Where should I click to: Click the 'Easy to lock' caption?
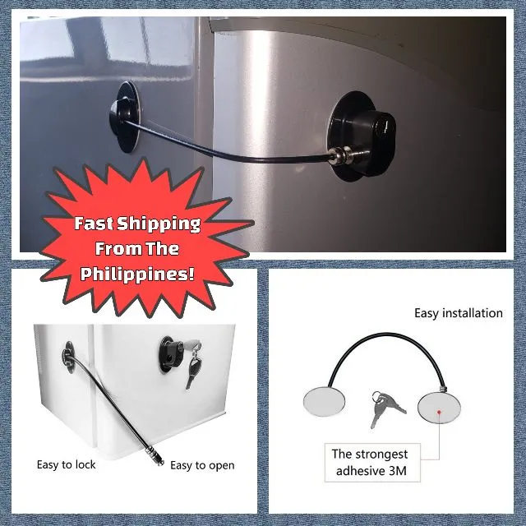[66, 464]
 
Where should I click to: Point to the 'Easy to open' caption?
[202, 465]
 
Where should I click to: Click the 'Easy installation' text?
[458, 313]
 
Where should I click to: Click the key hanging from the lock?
[191, 371]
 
